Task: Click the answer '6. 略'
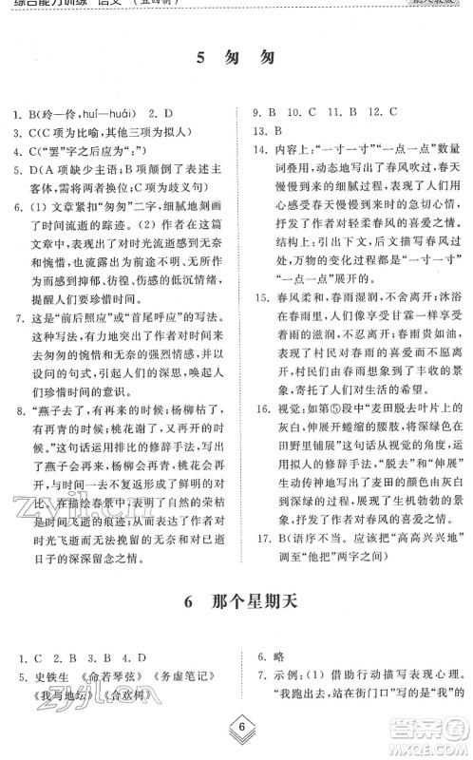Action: click(x=270, y=656)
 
